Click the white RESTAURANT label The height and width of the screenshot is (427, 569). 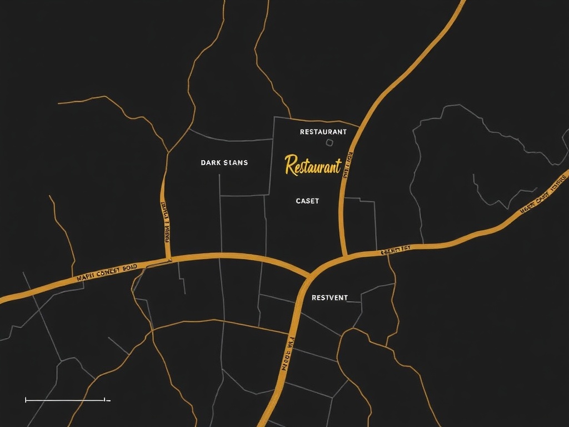(323, 132)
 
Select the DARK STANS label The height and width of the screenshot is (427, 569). (224, 163)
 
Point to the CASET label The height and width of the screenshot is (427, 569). (307, 201)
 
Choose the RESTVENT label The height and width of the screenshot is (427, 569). (330, 297)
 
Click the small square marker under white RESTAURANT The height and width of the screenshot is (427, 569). (329, 143)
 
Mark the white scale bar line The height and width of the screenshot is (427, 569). (65, 400)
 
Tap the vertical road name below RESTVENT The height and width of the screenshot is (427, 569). (287, 354)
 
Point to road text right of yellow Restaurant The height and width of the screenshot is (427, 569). (348, 165)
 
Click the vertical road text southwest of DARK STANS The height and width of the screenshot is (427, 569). (165, 221)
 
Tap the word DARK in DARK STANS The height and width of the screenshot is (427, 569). (211, 163)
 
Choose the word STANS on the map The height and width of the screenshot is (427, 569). (236, 163)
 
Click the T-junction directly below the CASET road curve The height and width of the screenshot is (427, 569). (345, 256)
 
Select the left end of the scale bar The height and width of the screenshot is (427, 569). (26, 400)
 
